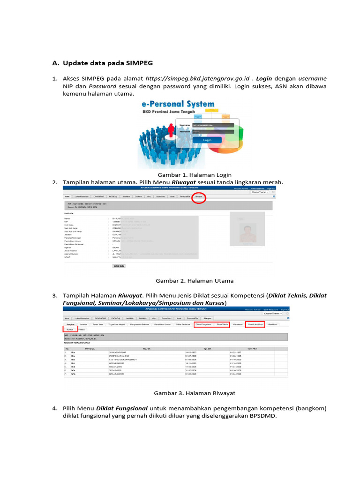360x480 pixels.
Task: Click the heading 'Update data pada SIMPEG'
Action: tap(108, 63)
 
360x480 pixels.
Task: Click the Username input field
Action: tap(213, 125)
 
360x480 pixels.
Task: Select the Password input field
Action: tap(213, 132)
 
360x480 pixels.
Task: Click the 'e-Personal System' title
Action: tap(178, 105)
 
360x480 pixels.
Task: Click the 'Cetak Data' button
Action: tap(119, 266)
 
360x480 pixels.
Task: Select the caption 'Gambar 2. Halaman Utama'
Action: tap(194, 280)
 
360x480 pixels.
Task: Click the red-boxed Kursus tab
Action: tap(70, 330)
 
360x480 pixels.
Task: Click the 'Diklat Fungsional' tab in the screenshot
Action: tap(203, 324)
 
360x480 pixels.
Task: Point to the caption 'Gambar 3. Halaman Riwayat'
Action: tap(195, 393)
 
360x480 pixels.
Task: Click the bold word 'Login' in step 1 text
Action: tap(264, 78)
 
